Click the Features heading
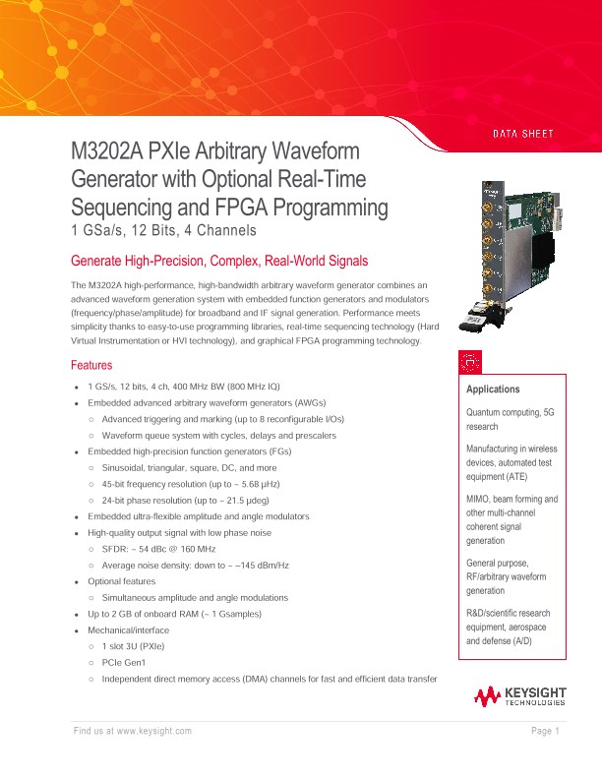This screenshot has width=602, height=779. [x=95, y=365]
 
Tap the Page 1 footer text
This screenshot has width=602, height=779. [x=545, y=731]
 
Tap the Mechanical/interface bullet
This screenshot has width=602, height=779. [x=129, y=630]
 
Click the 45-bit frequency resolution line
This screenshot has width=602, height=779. [x=192, y=485]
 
